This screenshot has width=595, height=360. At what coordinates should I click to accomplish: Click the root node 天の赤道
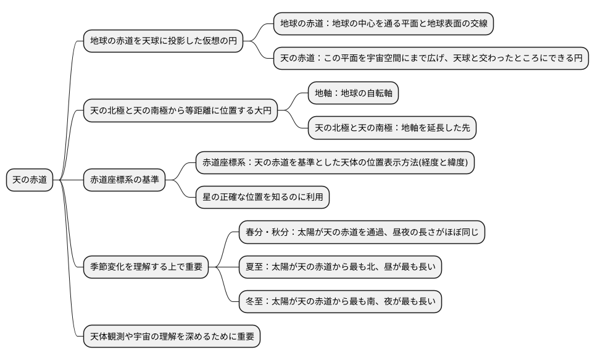click(x=30, y=180)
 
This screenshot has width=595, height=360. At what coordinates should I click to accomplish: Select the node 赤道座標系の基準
click(x=124, y=180)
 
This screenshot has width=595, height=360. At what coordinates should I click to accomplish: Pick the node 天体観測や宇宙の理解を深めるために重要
click(x=172, y=337)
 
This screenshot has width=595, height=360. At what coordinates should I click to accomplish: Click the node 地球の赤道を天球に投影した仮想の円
click(x=163, y=41)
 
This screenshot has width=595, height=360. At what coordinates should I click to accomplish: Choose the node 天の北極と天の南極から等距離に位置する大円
click(x=180, y=111)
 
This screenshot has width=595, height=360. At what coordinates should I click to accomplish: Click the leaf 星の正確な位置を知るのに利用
click(x=262, y=197)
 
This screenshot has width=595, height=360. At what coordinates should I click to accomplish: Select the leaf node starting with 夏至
click(x=340, y=267)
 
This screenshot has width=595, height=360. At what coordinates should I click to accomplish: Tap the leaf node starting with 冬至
click(x=340, y=302)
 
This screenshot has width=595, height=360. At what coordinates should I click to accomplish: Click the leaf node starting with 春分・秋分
click(x=362, y=232)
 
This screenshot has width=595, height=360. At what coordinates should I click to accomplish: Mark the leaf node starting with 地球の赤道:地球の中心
click(x=383, y=24)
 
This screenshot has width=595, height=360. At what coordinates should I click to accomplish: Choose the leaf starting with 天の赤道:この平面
click(x=431, y=59)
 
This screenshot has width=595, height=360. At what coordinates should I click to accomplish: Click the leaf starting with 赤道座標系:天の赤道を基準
click(x=335, y=162)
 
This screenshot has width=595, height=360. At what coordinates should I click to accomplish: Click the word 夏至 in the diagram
click(x=256, y=267)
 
